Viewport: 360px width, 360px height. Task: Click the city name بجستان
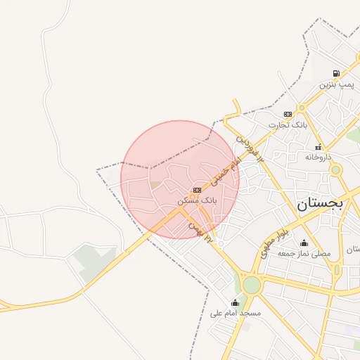pos(319,204)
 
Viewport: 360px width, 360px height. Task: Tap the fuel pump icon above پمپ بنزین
pos(336,73)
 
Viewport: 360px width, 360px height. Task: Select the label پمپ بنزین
pos(336,84)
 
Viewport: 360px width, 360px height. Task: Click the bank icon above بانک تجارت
pos(288,114)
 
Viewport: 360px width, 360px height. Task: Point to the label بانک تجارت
pos(288,125)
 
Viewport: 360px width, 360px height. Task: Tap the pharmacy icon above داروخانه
pos(319,146)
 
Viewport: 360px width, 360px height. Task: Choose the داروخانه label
pos(318,157)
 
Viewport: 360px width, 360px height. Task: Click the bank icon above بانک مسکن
pos(198,190)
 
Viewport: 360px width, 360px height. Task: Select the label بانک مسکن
pos(198,200)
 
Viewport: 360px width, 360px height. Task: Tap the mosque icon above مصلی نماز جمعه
pos(303,243)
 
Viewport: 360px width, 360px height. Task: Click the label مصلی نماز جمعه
pos(303,253)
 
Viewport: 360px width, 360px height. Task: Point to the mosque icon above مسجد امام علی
pos(235,302)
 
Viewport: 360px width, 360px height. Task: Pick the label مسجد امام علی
pos(235,313)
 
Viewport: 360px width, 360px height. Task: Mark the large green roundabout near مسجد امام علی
pos(251,285)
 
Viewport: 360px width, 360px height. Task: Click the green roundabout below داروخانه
pos(336,169)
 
